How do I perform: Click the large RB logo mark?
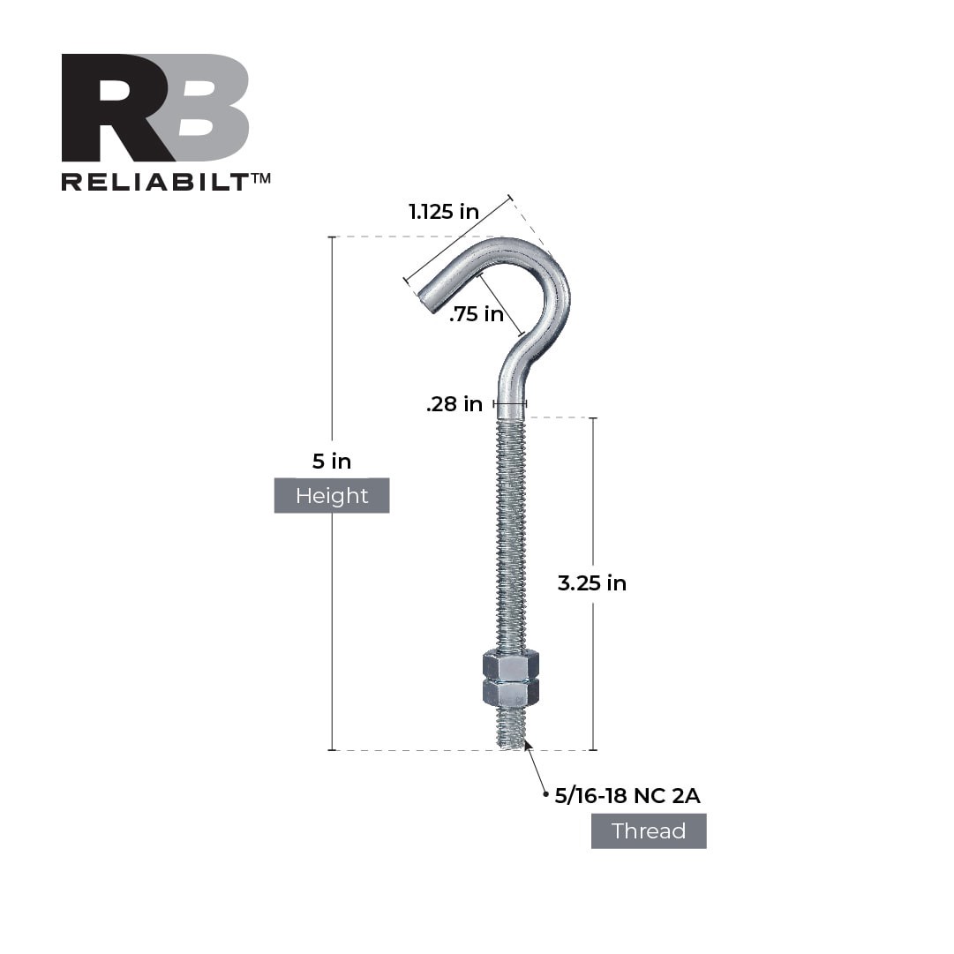pos(155,108)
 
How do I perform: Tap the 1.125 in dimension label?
pos(443,212)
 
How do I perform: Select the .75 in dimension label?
pos(476,314)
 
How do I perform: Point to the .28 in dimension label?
pos(454,404)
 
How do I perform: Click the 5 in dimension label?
pos(332,461)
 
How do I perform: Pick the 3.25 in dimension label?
pos(591,583)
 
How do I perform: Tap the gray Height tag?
pos(332,496)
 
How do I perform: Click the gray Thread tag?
pos(649,831)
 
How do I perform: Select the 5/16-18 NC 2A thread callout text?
pos(627,796)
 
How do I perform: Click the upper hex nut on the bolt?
pos(511,665)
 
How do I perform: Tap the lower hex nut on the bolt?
pos(511,692)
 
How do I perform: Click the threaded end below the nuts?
pos(511,728)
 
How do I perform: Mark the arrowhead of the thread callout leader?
pos(527,745)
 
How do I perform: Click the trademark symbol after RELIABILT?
pos(260,177)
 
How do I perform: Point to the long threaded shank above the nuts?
pos(511,530)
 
